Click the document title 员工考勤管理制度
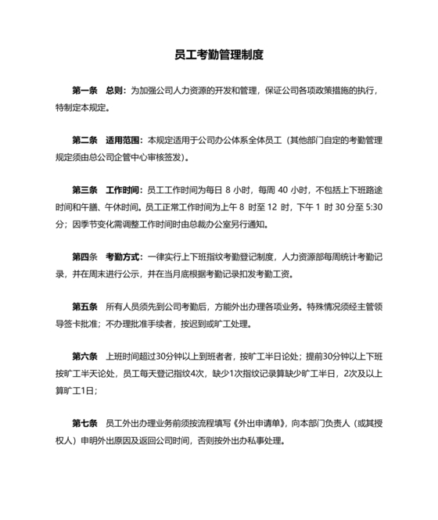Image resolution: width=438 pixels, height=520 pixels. [219, 56]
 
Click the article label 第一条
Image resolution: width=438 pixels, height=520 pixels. [84, 91]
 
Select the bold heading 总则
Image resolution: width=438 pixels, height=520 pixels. [114, 91]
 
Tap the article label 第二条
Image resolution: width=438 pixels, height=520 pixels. [84, 141]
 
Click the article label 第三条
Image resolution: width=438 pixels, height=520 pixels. [84, 190]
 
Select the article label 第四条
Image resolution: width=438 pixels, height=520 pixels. [84, 256]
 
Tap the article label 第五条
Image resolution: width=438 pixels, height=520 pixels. [84, 306]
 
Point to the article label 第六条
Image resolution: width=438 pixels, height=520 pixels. [84, 356]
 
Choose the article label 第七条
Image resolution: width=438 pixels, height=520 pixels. [84, 422]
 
